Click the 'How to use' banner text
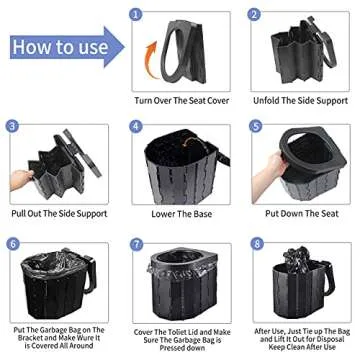click(x=54, y=47)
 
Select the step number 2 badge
click(x=255, y=14)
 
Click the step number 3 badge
click(x=13, y=127)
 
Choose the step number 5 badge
click(x=255, y=127)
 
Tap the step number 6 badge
click(x=13, y=243)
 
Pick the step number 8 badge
click(x=255, y=243)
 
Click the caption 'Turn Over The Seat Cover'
click(x=179, y=101)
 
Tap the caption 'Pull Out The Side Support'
click(x=60, y=214)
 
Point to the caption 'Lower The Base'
click(x=179, y=214)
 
